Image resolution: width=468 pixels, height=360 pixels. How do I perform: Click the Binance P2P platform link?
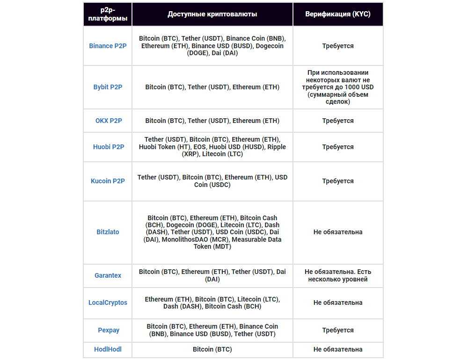click(108, 46)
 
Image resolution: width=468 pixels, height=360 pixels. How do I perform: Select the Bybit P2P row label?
click(108, 87)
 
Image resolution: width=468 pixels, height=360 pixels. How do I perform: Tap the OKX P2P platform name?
click(109, 121)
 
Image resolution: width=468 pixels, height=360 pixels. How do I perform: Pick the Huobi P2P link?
click(109, 147)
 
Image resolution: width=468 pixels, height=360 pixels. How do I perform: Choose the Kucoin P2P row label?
click(108, 181)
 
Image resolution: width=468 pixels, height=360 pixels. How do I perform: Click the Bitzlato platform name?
click(108, 232)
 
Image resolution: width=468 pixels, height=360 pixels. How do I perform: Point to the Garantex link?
click(108, 275)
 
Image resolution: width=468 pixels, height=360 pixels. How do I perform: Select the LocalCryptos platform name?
click(108, 302)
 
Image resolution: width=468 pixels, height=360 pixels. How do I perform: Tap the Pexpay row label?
click(109, 330)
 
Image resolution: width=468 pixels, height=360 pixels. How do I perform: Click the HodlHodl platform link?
click(108, 349)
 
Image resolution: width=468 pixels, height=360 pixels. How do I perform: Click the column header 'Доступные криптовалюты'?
click(212, 14)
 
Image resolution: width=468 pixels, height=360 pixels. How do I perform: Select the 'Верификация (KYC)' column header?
click(338, 14)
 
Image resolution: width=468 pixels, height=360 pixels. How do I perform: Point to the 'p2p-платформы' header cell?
click(108, 14)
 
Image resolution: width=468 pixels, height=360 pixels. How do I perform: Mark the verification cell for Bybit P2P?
click(338, 87)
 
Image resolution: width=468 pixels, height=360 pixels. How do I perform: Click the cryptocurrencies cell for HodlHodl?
click(212, 349)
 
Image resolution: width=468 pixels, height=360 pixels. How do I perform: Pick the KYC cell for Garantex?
click(338, 275)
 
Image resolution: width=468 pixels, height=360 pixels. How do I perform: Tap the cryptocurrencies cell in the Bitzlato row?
click(212, 232)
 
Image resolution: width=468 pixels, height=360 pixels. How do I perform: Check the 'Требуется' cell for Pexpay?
click(338, 330)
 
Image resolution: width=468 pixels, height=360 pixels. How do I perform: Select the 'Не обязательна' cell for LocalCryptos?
click(338, 302)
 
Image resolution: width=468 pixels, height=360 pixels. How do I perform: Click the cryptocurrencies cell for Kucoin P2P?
click(212, 181)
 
